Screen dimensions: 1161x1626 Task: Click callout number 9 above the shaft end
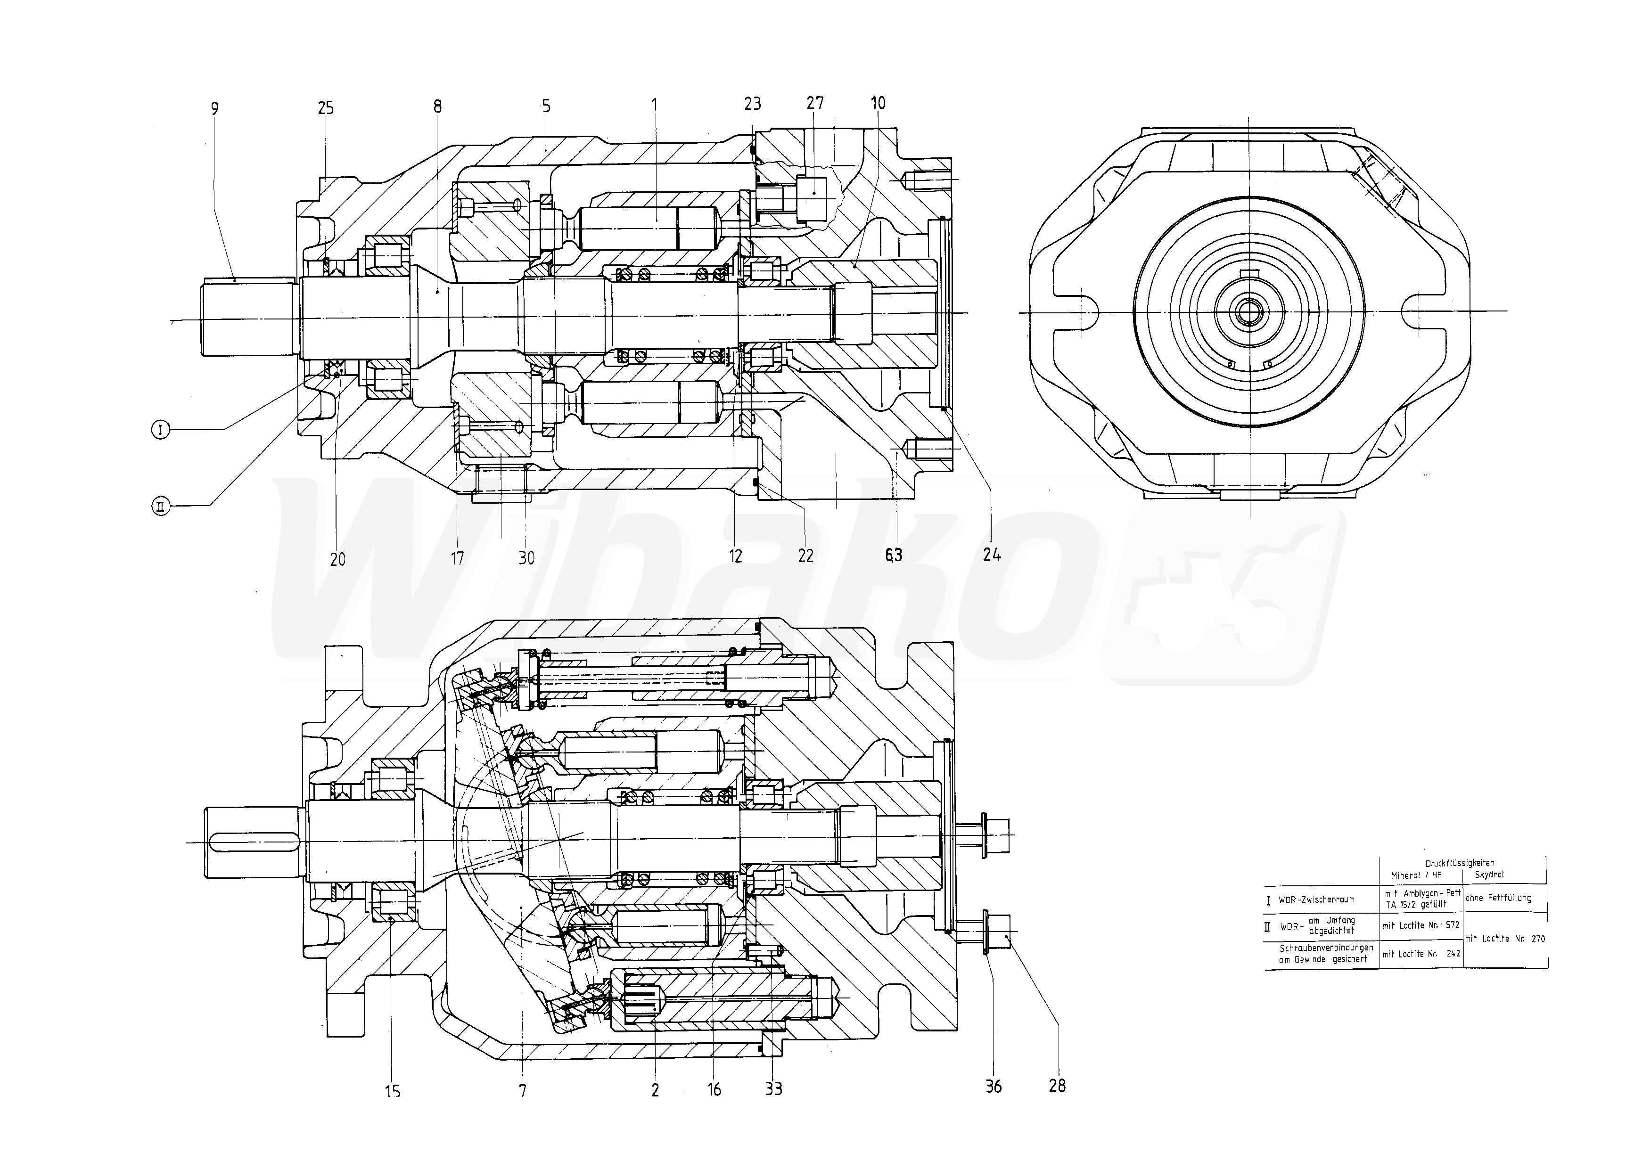pyautogui.click(x=214, y=109)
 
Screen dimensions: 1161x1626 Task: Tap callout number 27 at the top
pyautogui.click(x=815, y=104)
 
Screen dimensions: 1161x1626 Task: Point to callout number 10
pyautogui.click(x=878, y=104)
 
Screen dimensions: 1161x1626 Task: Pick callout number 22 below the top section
pyautogui.click(x=806, y=556)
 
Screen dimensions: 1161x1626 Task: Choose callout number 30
pyautogui.click(x=526, y=557)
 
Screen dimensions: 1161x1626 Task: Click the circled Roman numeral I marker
pyautogui.click(x=161, y=430)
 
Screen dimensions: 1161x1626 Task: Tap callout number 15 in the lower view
pyautogui.click(x=393, y=1091)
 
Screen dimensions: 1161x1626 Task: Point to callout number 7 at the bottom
pyautogui.click(x=523, y=1090)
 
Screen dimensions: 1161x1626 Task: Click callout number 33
pyautogui.click(x=774, y=1089)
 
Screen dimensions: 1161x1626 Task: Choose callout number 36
pyautogui.click(x=993, y=1087)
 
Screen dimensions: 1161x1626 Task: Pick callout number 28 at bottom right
pyautogui.click(x=1057, y=1086)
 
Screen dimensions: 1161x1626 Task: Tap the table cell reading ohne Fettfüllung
pyautogui.click(x=1498, y=898)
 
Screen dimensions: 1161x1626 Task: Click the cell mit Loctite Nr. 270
pyautogui.click(x=1504, y=939)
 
